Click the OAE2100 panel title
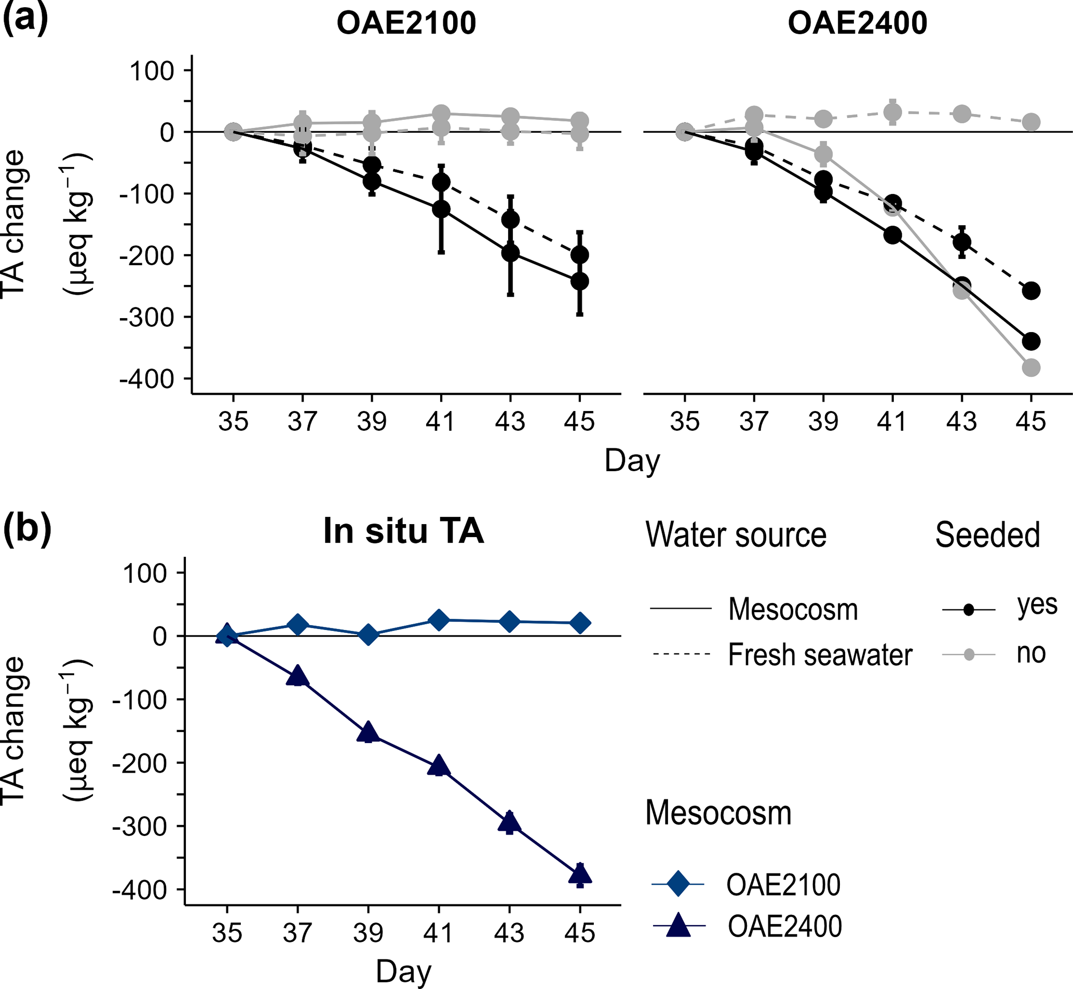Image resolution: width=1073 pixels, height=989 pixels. coord(406,24)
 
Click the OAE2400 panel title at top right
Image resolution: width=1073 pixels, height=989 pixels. coord(857,24)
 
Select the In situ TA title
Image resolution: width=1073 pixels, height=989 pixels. coord(403,531)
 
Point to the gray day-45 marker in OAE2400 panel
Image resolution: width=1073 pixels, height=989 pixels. coord(1031,368)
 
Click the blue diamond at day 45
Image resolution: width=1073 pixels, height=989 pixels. coord(580,623)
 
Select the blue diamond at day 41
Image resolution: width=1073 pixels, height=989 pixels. coord(439,620)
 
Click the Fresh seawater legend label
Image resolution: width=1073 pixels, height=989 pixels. coord(820,654)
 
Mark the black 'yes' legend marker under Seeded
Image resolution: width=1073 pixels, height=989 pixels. coord(968,610)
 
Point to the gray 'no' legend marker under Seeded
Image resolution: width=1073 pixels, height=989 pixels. coord(968,654)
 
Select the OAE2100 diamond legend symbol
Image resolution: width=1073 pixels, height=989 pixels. coord(678,884)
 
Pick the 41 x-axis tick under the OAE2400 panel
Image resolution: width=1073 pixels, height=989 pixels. coord(892,422)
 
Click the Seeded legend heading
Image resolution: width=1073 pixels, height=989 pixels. coord(987,534)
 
